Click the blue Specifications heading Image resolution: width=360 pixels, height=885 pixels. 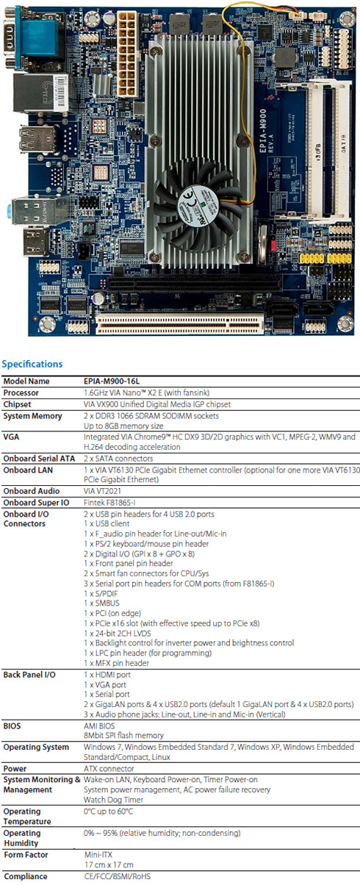pyautogui.click(x=32, y=364)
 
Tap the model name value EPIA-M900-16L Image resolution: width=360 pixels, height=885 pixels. pyautogui.click(x=112, y=381)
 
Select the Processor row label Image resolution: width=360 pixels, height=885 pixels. pyautogui.click(x=21, y=393)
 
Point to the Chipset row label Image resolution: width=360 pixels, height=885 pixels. pyautogui.click(x=17, y=404)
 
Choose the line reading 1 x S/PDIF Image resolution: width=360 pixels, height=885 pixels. pyautogui.click(x=101, y=593)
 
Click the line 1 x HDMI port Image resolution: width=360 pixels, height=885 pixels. pyautogui.click(x=107, y=675)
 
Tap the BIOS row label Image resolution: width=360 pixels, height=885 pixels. pyautogui.click(x=12, y=725)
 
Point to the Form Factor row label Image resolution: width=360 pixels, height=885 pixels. pyautogui.click(x=26, y=855)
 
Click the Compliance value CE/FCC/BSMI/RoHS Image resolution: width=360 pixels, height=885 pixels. pyautogui.click(x=118, y=876)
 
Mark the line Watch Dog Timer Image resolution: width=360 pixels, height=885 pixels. pyautogui.click(x=113, y=800)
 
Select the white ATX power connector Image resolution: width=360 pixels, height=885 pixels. pyautogui.click(x=127, y=54)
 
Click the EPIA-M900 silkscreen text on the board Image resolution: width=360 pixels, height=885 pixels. pyautogui.click(x=263, y=131)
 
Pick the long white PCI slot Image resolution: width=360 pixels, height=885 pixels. pyautogui.click(x=179, y=323)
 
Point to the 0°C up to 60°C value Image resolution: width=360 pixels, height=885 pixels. pyautogui.click(x=108, y=811)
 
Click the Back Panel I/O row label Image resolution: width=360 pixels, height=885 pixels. pyautogui.click(x=29, y=675)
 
